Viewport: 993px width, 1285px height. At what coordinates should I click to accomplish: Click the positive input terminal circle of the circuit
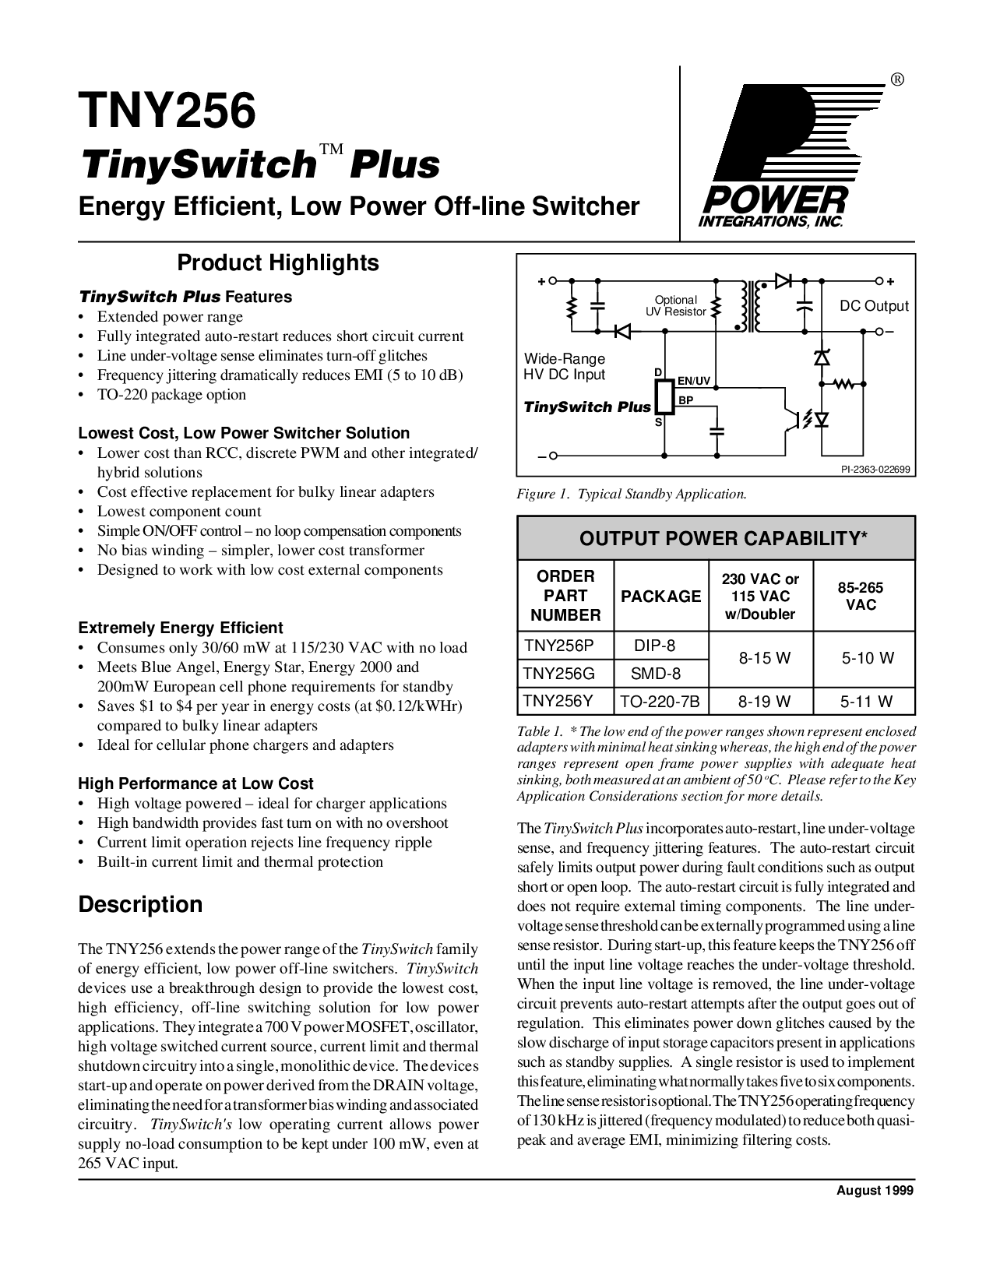click(x=553, y=281)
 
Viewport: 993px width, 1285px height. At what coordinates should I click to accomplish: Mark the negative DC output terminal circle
click(x=879, y=331)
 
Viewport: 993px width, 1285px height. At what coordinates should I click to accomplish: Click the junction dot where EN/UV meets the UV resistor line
click(x=717, y=388)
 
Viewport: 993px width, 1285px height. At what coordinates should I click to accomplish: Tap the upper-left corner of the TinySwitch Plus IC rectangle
click(x=656, y=382)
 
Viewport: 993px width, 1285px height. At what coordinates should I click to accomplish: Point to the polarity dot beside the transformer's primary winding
click(x=737, y=326)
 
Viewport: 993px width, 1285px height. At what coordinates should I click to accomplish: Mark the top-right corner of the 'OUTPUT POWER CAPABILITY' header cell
click(x=915, y=516)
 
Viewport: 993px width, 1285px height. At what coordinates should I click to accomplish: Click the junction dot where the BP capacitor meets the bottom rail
click(x=717, y=456)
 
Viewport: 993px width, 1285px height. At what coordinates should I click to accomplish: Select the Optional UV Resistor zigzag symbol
click(x=717, y=307)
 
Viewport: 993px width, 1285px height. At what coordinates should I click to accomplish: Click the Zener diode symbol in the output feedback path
click(x=822, y=357)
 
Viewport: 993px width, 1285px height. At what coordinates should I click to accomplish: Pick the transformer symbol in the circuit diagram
click(x=748, y=306)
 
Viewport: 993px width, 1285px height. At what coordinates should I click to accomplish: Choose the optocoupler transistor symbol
click(x=790, y=419)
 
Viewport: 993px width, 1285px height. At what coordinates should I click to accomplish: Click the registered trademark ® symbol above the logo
click(x=896, y=80)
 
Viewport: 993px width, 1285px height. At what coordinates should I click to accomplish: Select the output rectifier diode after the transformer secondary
click(x=783, y=281)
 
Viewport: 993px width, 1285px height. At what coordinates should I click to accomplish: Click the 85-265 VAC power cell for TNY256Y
click(x=864, y=702)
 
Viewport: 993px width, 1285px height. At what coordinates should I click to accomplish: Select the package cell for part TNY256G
click(x=661, y=674)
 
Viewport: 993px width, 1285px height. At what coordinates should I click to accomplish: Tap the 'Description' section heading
click(x=140, y=904)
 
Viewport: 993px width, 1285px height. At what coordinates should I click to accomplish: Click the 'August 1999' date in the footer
click(x=875, y=1191)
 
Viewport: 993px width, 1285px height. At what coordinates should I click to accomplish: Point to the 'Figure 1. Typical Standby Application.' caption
click(x=632, y=494)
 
